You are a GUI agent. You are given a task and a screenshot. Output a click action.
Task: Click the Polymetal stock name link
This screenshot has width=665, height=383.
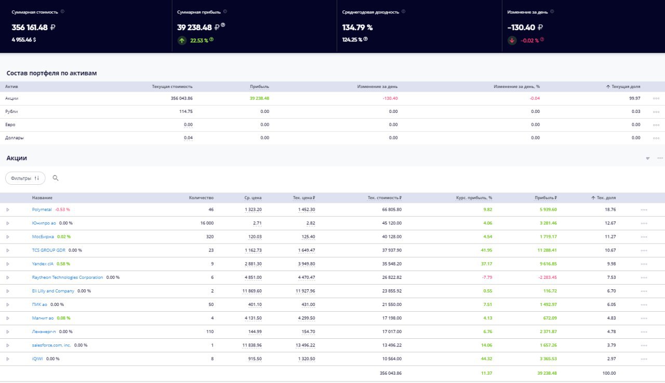coord(42,210)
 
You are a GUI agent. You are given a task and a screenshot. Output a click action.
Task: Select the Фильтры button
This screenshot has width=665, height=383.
coord(25,178)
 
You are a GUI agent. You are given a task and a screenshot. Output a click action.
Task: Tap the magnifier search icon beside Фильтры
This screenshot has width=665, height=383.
coord(56,178)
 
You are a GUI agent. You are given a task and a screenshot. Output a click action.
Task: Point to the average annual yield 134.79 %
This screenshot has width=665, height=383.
coord(357,28)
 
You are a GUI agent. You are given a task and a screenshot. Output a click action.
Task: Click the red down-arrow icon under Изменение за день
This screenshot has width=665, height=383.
coord(512,40)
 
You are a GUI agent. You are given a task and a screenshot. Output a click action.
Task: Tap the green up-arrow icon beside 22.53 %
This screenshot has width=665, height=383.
coord(182,41)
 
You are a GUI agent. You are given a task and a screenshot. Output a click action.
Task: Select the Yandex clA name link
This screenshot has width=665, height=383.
coord(43,264)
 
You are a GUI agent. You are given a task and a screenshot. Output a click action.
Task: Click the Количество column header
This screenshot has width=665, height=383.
coord(201,198)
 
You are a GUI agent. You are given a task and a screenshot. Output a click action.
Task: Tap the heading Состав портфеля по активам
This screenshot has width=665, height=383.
coord(51,73)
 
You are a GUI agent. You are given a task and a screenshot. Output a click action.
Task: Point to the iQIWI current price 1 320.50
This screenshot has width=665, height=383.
coord(306,359)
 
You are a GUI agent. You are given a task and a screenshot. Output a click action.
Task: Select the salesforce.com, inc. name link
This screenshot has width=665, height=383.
coord(51,345)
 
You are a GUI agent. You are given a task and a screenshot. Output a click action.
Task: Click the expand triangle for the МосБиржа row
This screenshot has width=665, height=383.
coord(8,237)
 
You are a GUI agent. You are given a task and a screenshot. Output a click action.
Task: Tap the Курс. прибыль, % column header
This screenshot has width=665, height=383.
coord(473,198)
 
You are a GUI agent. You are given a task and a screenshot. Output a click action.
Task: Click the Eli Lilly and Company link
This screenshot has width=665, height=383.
coord(53,291)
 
